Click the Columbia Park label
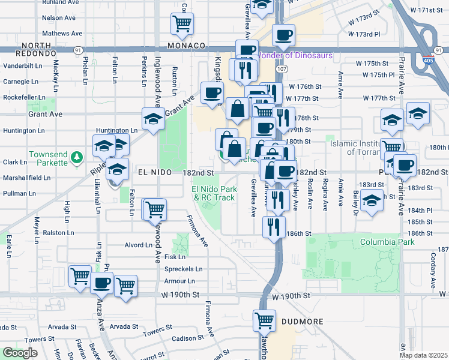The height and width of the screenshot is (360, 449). (x=387, y=242)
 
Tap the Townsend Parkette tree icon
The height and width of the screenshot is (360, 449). (x=76, y=158)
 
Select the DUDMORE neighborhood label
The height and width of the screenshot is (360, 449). (x=303, y=322)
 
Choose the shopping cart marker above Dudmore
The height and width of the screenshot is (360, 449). (x=264, y=320)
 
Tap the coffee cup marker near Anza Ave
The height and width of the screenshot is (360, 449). (x=101, y=281)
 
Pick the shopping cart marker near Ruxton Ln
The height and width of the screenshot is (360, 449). (x=182, y=24)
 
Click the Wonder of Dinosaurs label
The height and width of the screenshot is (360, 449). (x=295, y=56)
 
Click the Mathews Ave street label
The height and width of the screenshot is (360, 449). (x=64, y=34)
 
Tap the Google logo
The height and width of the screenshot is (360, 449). (x=20, y=353)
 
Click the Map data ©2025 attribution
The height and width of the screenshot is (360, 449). (x=423, y=355)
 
